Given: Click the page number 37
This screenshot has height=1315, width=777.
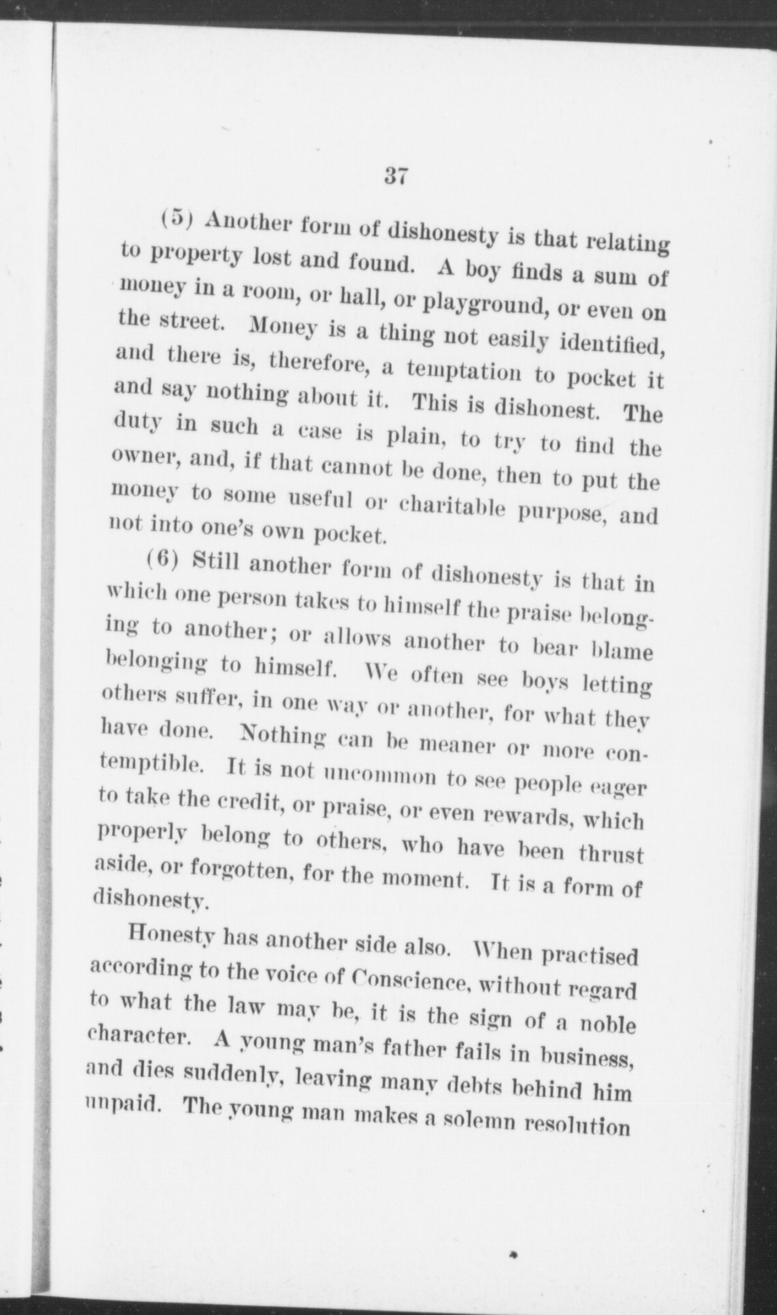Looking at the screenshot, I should point(394,175).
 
